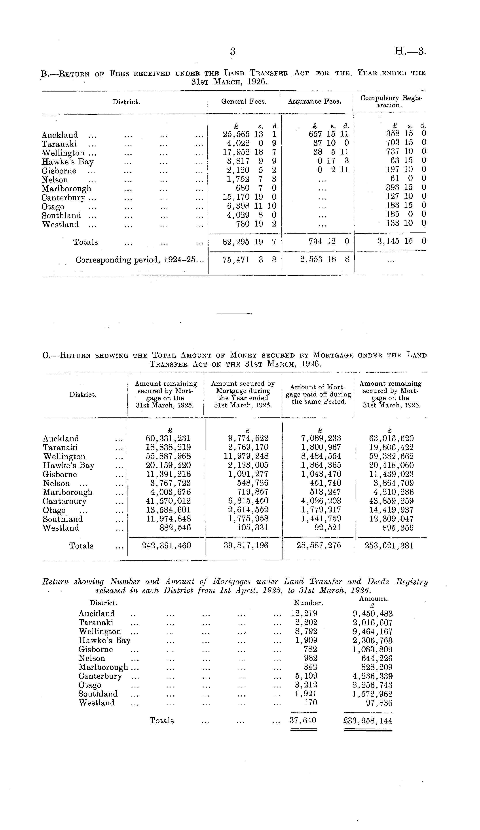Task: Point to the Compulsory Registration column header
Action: (x=391, y=101)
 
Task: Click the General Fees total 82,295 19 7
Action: (x=249, y=242)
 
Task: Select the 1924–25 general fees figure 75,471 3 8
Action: (x=249, y=260)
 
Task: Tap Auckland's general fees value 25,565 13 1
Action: (x=249, y=135)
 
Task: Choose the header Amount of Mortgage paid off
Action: (x=318, y=394)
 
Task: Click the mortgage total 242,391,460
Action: (x=166, y=546)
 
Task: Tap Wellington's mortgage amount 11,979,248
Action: (x=246, y=457)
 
